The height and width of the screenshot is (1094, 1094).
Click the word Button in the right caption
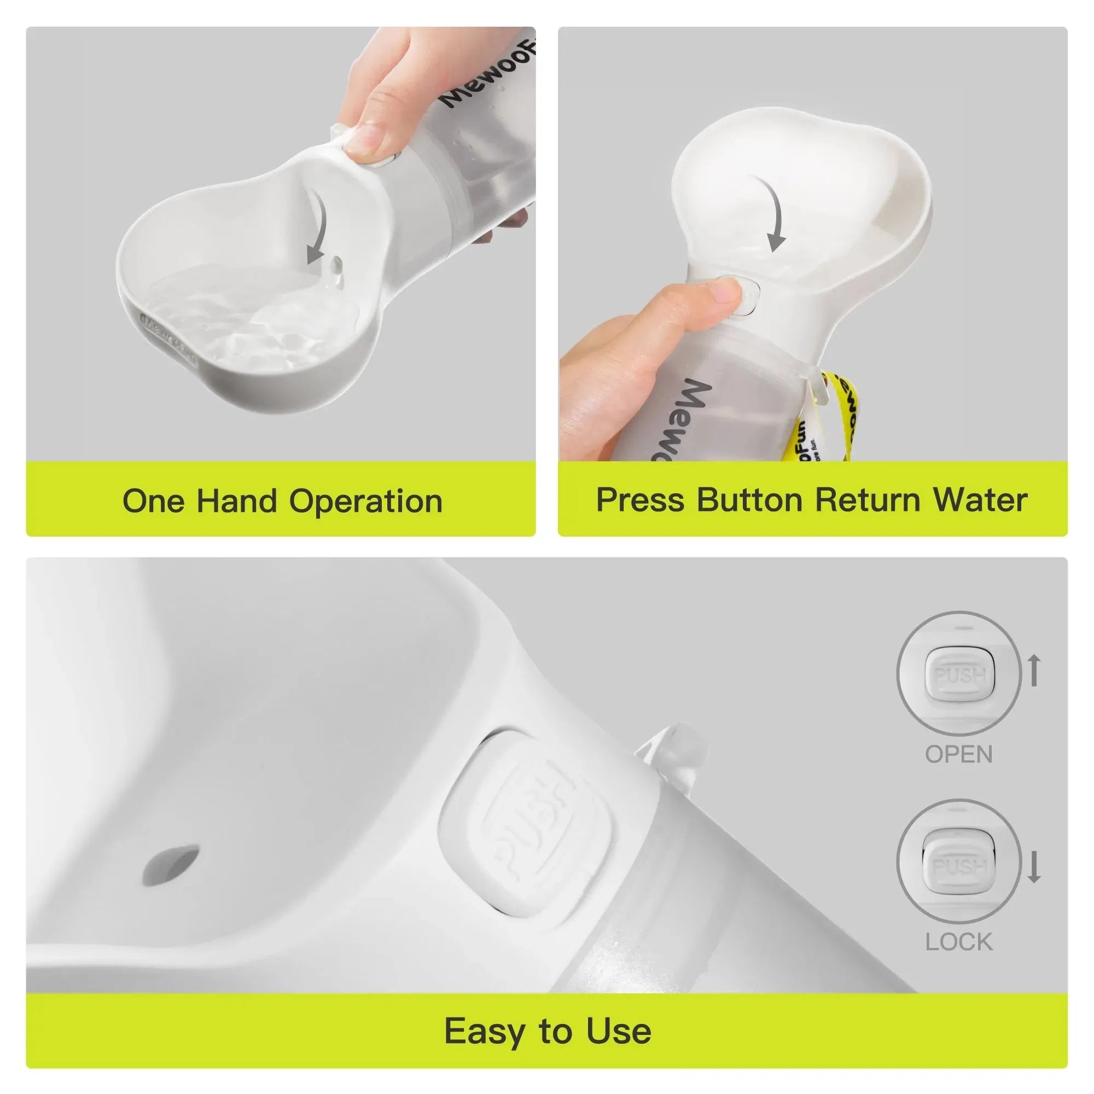(750, 500)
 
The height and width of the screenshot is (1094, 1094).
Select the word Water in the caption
(980, 500)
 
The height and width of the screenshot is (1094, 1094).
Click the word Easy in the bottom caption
(483, 1031)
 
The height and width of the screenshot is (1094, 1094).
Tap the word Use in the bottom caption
(618, 1031)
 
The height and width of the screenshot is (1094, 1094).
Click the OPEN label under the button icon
(959, 755)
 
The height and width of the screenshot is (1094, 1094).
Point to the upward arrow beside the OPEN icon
(1034, 670)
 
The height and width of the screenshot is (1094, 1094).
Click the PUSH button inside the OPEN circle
(959, 676)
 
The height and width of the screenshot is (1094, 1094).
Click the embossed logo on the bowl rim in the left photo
(167, 340)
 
